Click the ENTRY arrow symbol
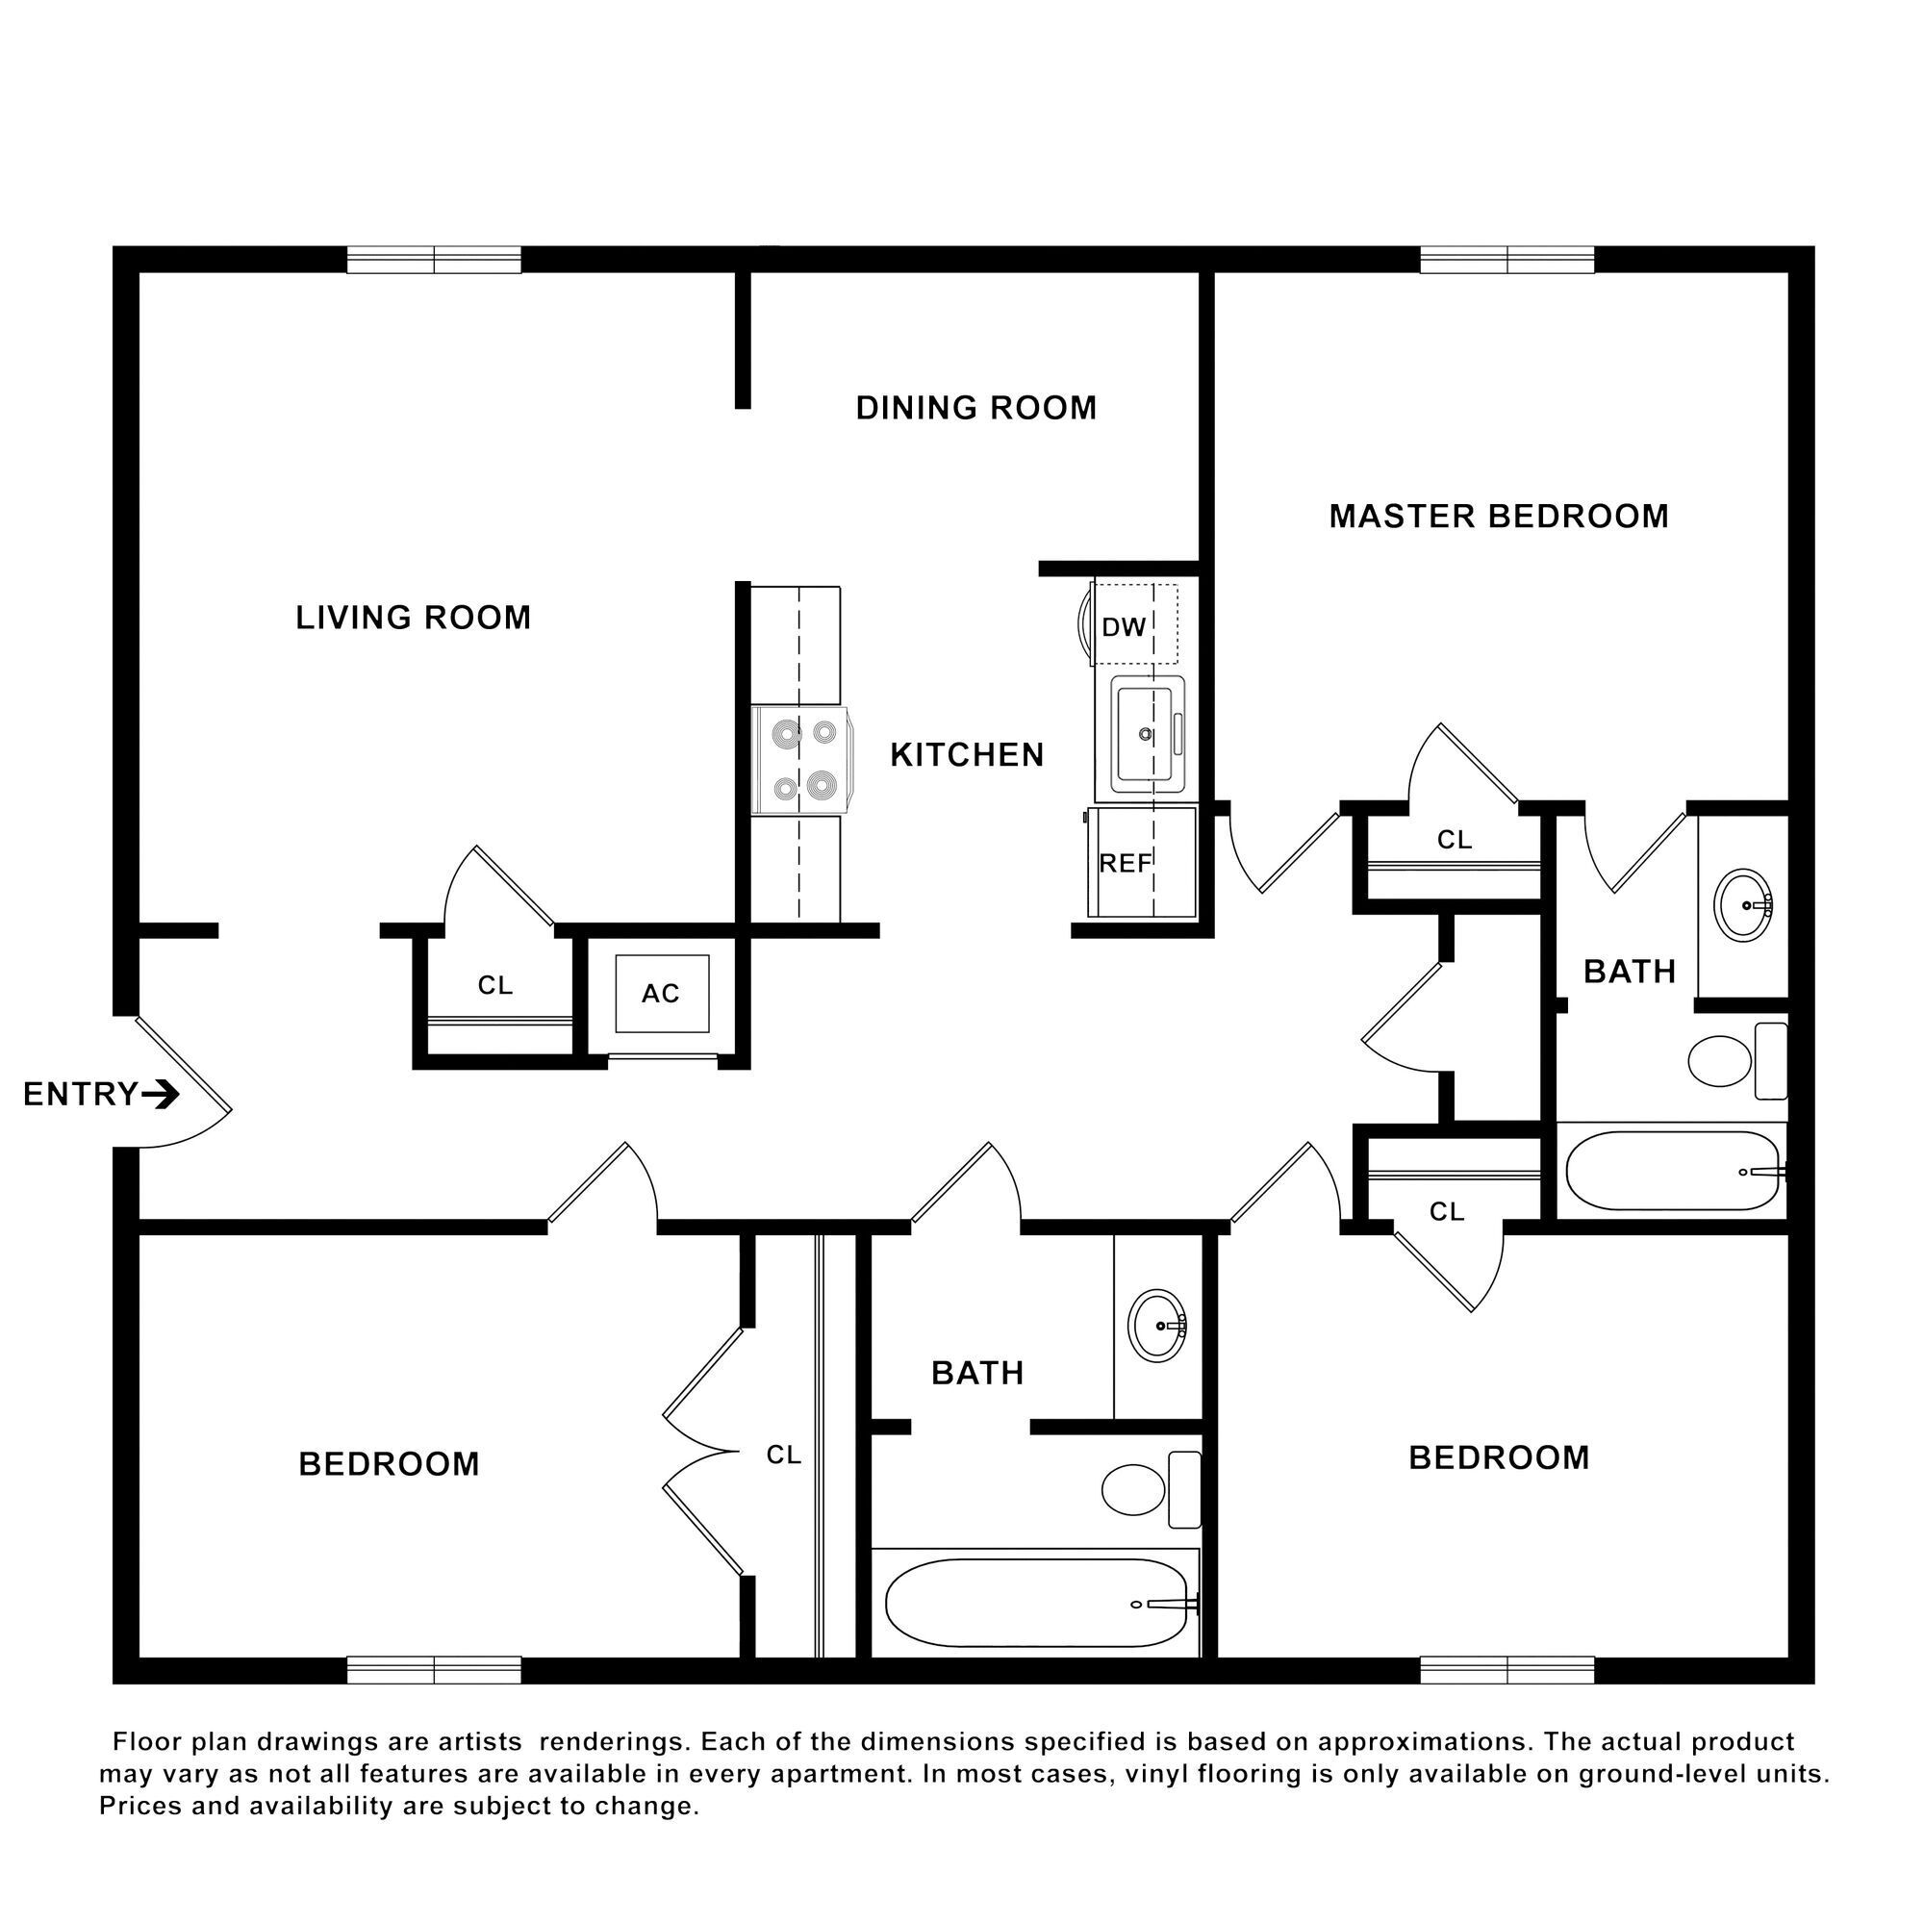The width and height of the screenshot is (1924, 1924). pos(162,1096)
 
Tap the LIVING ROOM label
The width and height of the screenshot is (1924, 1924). pos(414,619)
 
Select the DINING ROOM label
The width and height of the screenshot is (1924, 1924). pos(975,408)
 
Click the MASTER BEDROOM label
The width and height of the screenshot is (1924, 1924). pos(1498,517)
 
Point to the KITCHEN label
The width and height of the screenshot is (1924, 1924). pos(966,756)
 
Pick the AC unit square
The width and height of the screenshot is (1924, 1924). pos(661,994)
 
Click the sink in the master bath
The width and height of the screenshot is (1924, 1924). pos(1743,905)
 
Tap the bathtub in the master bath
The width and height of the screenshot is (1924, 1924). pos(1672,1171)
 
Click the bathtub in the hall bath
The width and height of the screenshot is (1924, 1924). pos(1036,1604)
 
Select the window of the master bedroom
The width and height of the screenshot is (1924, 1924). pos(1506,261)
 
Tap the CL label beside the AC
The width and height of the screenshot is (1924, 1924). pos(494,986)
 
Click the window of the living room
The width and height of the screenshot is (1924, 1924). pos(434,261)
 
